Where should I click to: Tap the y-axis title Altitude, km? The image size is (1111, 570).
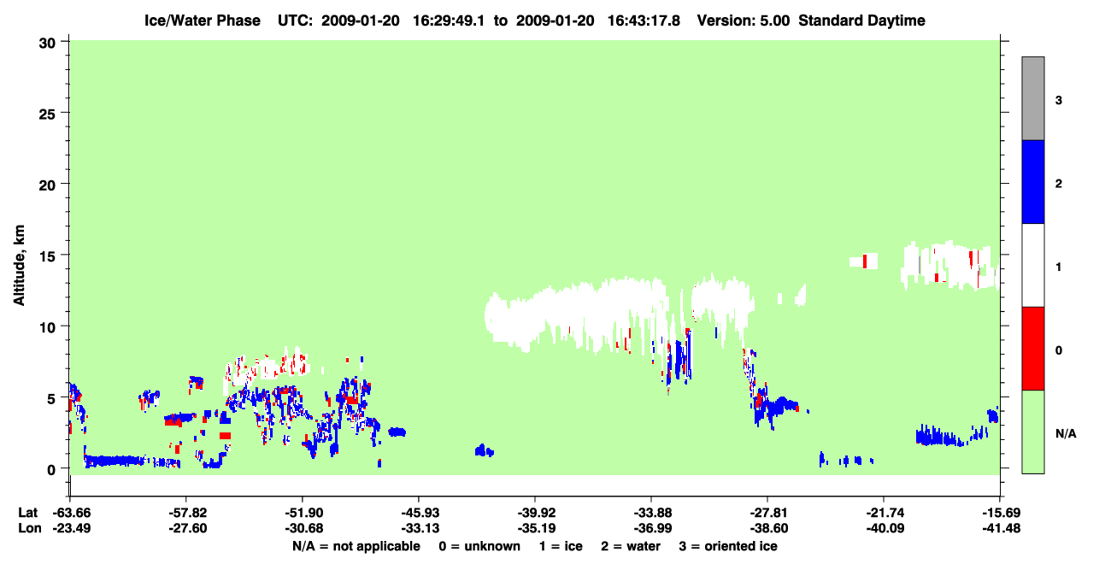(x=19, y=266)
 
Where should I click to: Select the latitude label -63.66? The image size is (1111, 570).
(x=72, y=513)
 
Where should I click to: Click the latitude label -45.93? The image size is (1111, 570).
(x=420, y=513)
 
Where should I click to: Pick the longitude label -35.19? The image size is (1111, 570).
(x=537, y=528)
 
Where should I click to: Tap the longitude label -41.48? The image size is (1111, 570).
(x=1002, y=528)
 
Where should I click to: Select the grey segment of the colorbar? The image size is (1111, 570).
(x=1032, y=98)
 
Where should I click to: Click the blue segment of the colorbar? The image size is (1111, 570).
(x=1032, y=181)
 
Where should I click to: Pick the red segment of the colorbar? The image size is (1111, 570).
(x=1032, y=349)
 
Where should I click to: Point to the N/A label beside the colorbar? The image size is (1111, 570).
(x=1066, y=434)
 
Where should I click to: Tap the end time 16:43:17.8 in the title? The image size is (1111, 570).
(x=644, y=21)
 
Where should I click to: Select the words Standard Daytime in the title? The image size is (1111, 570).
(x=861, y=21)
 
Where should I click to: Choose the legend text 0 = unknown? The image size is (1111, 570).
(x=479, y=546)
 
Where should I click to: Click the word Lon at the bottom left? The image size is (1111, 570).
(x=30, y=528)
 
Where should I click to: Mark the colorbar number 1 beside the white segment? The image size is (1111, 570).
(x=1058, y=267)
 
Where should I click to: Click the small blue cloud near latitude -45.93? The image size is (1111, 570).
(x=397, y=432)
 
